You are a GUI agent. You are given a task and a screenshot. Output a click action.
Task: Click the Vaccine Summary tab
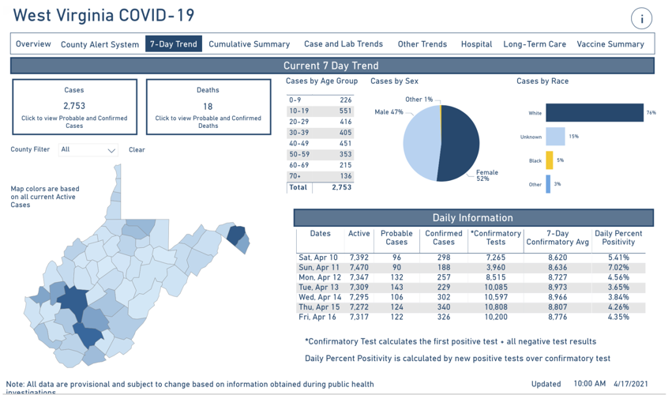(610, 44)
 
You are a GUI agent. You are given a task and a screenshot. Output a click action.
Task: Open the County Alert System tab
(99, 44)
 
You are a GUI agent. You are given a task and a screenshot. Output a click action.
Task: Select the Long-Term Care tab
(535, 44)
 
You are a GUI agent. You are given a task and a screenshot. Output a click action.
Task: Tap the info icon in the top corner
(641, 19)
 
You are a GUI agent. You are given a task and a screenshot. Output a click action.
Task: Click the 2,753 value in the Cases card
(74, 105)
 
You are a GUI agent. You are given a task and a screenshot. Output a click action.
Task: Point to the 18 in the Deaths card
(208, 105)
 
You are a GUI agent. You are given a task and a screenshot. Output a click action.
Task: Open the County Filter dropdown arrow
(111, 150)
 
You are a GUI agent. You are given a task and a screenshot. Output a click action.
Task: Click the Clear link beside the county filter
(137, 149)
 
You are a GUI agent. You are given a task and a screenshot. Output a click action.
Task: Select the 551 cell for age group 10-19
(344, 111)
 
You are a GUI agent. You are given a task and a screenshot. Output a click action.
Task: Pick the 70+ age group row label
(295, 176)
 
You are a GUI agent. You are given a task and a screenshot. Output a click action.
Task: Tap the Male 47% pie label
(389, 112)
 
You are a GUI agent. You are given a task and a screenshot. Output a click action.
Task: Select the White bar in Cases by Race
(594, 113)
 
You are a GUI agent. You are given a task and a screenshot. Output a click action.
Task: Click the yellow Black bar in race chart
(550, 160)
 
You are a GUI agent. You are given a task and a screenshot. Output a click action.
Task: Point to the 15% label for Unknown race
(573, 137)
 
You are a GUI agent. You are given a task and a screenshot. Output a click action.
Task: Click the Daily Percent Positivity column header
(618, 238)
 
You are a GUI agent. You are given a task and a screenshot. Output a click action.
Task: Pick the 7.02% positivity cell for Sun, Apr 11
(618, 268)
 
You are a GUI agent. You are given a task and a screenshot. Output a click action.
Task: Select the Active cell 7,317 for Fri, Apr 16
(359, 317)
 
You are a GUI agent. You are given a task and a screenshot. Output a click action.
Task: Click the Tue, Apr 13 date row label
(318, 288)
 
